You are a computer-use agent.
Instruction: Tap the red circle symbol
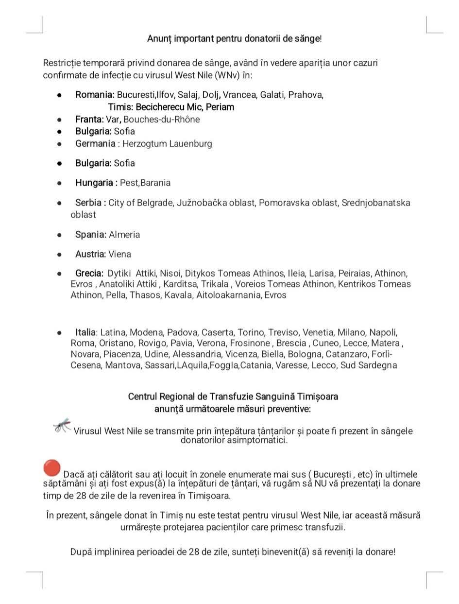click(x=51, y=468)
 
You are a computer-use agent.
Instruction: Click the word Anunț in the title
click(x=160, y=38)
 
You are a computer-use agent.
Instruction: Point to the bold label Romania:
click(x=95, y=95)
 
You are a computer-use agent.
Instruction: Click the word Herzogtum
click(x=144, y=143)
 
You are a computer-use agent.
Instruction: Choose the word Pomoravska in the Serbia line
click(x=282, y=203)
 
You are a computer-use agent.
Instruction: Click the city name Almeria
click(x=124, y=234)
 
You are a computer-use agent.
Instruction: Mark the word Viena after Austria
click(x=119, y=254)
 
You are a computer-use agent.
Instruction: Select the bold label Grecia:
click(x=89, y=273)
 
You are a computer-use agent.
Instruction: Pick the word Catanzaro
click(x=346, y=354)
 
